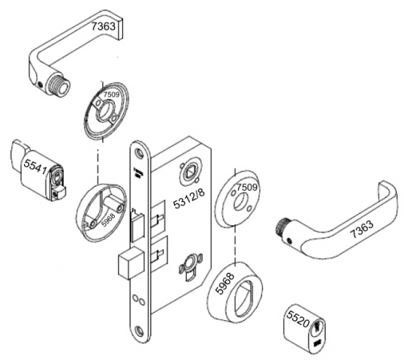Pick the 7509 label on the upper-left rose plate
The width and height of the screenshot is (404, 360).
tap(112, 95)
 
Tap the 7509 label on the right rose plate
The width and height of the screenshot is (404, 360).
tap(247, 187)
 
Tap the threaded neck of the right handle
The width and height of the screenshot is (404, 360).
tap(284, 225)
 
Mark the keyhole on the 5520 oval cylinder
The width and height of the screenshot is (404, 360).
tap(319, 331)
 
